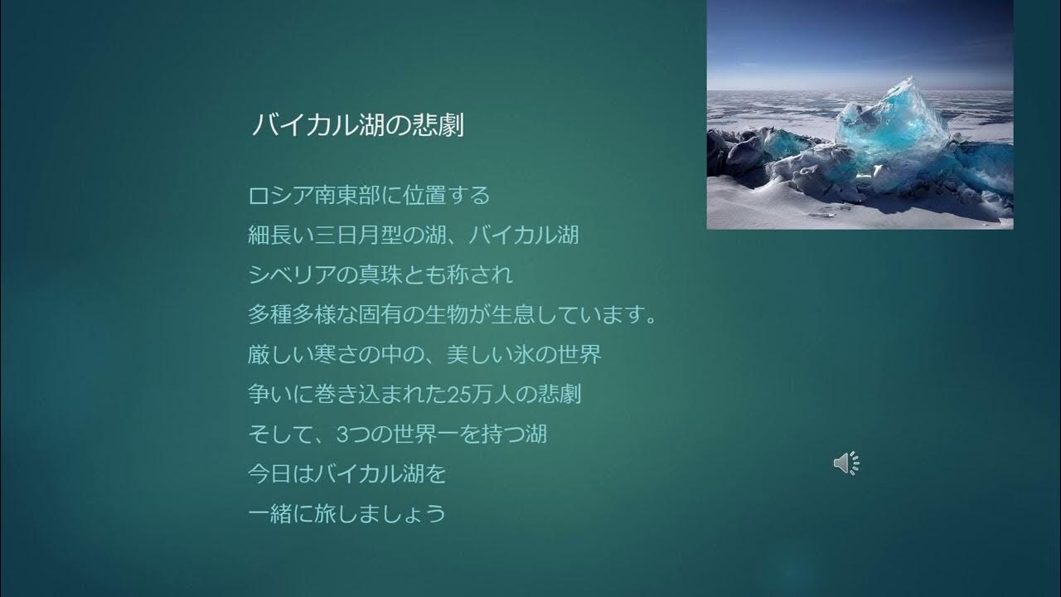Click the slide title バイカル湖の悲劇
click(x=356, y=125)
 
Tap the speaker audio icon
click(x=846, y=464)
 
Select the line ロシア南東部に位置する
click(x=369, y=196)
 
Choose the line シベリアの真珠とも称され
click(x=380, y=274)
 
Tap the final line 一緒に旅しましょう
click(x=347, y=513)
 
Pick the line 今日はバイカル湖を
click(x=347, y=473)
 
